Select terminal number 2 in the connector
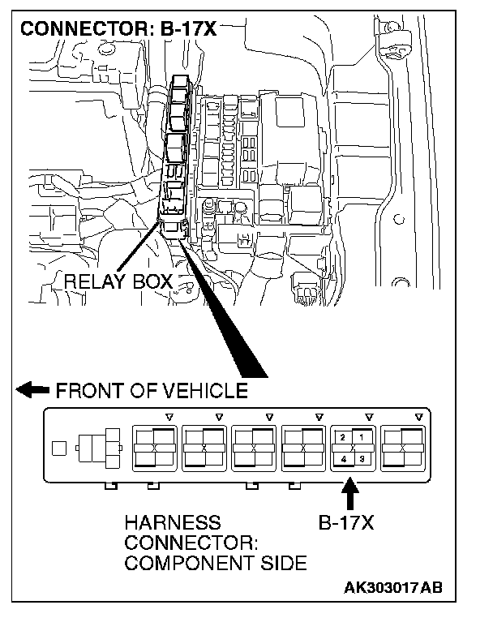(x=344, y=438)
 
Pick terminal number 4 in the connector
(x=344, y=459)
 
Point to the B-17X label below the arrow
(x=346, y=523)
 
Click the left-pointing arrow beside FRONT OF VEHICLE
(x=32, y=391)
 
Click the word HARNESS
(x=172, y=523)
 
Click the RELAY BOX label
(x=118, y=282)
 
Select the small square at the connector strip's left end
(x=58, y=447)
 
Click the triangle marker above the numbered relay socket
(x=369, y=417)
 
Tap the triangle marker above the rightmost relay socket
(x=418, y=417)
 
